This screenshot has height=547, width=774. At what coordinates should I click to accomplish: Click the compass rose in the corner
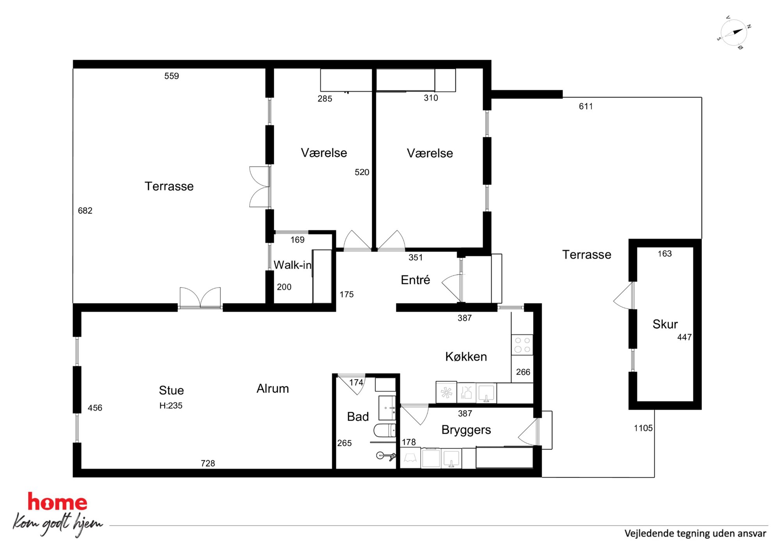pos(734,32)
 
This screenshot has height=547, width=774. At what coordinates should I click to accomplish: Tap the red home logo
pos(57,502)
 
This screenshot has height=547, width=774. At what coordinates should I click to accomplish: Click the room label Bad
pos(358,416)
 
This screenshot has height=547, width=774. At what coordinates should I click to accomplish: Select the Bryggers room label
pos(466,430)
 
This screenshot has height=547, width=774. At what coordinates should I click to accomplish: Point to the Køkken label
pos(466,356)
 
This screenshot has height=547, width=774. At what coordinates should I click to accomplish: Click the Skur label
pos(665,324)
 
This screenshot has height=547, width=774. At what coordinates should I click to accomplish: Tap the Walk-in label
pos(292,265)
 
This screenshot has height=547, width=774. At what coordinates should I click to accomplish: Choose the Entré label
pos(415,280)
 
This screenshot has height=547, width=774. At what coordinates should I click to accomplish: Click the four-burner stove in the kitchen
pos(522,345)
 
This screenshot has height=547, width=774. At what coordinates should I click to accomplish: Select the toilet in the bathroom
pos(385,430)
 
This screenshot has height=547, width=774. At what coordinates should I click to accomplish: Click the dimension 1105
pos(643,428)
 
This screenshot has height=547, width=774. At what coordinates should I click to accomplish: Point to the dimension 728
pos(208,463)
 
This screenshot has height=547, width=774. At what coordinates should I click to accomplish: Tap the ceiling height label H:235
pos(170,405)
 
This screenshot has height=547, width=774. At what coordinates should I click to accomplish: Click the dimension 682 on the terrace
pos(85,211)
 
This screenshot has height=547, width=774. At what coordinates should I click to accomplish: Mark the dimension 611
pos(586,106)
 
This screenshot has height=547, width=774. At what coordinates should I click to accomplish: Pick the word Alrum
pos(272,388)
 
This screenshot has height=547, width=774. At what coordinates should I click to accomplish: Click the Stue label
pos(171,390)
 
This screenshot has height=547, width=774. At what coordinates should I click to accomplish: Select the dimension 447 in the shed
pos(684,337)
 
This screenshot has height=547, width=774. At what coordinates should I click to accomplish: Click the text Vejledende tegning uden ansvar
pos(695,533)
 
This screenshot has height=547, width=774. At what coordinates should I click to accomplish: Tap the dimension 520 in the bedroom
pos(362,172)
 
